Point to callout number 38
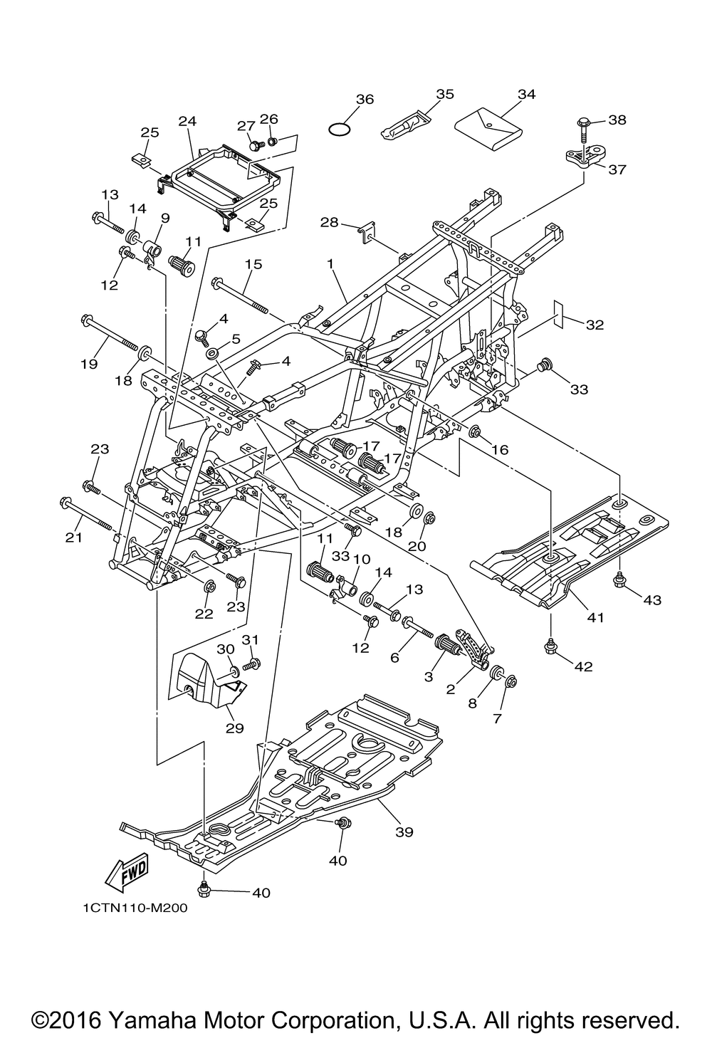[x=617, y=120]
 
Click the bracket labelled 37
[x=585, y=157]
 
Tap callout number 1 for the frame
[x=330, y=263]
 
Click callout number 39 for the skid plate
[x=404, y=832]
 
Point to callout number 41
[x=596, y=617]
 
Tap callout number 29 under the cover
[x=234, y=728]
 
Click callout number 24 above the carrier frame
[x=187, y=121]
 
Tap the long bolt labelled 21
[x=85, y=513]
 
